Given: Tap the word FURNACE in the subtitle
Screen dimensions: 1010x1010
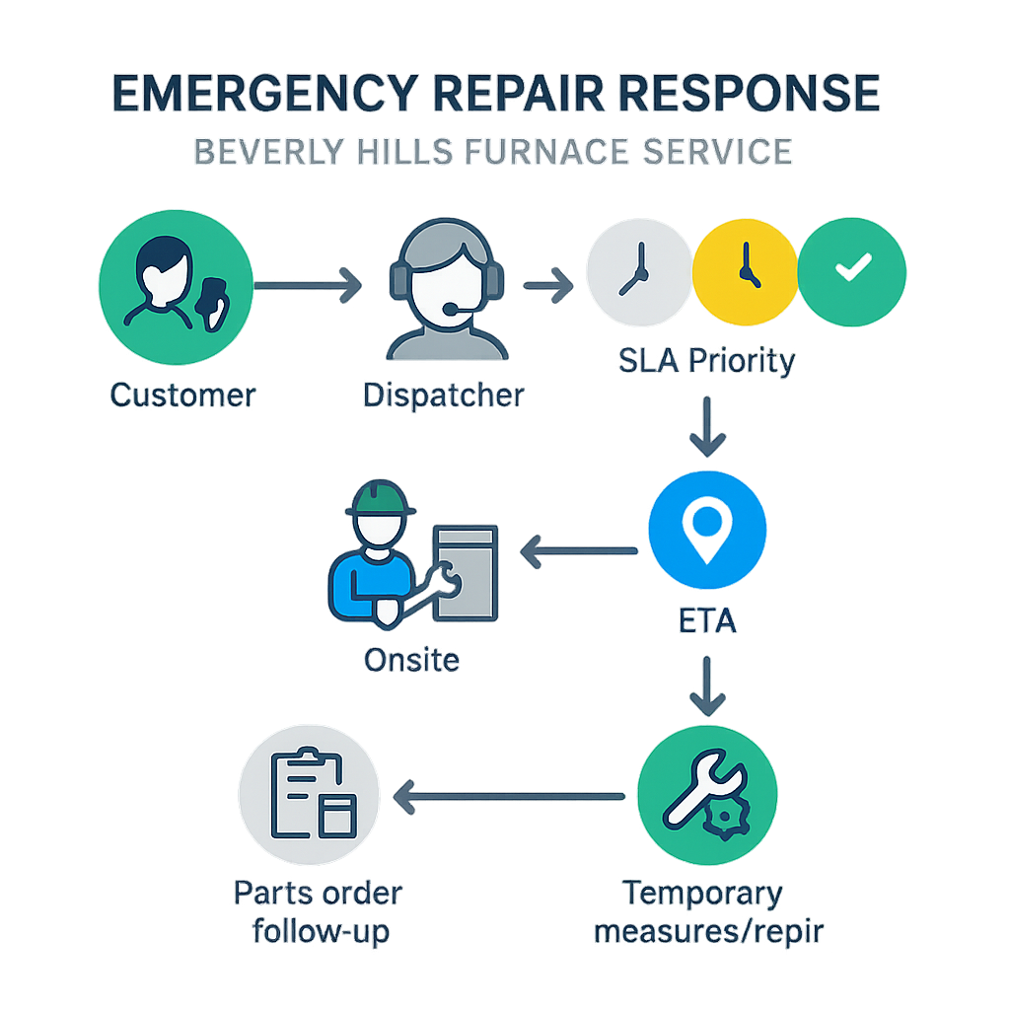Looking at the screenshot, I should (x=561, y=152).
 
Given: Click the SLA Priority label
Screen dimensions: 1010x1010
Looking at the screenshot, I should (x=707, y=361).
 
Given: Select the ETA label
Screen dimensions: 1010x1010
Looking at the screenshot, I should (x=707, y=622).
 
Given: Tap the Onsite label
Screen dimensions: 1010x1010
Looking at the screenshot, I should (x=411, y=659).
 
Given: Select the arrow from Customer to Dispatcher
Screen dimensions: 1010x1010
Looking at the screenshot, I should (x=307, y=286).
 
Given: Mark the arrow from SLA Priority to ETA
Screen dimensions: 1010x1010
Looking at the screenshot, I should (x=707, y=426).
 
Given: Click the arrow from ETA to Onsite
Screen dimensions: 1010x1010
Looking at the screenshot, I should (x=578, y=551).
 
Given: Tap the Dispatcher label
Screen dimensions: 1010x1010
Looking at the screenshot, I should (x=444, y=396).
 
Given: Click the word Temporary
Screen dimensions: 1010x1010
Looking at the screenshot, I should (x=702, y=895).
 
